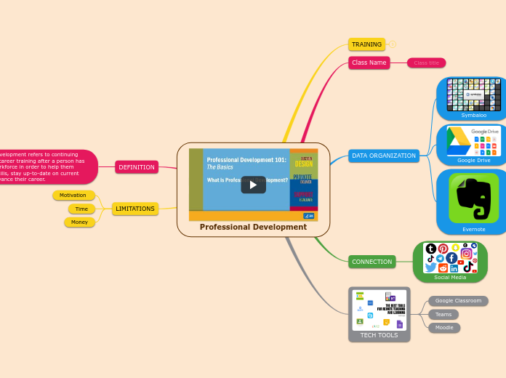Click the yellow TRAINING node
point(366,44)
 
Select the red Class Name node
point(369,63)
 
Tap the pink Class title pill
point(426,63)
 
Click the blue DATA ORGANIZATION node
point(383,156)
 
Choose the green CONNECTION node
point(372,262)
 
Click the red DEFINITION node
point(137,167)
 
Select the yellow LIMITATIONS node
point(135,209)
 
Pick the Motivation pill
point(73,196)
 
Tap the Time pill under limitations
point(81,209)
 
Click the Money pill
point(79,222)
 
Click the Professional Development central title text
point(253,227)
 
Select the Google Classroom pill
point(458,301)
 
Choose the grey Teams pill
point(443,314)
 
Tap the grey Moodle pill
point(444,327)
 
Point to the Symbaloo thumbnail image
point(474,94)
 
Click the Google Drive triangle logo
point(458,140)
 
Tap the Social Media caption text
point(450,277)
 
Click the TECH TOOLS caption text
point(379,335)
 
